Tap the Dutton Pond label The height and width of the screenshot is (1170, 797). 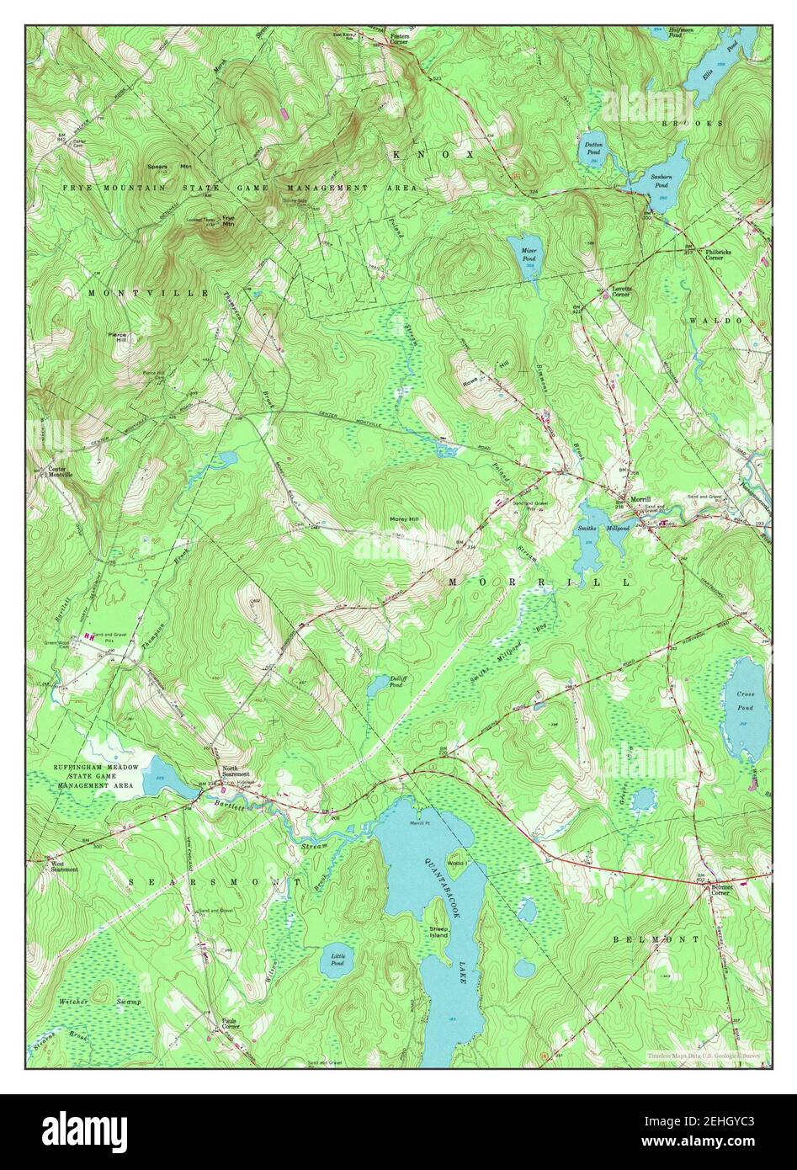pos(593,147)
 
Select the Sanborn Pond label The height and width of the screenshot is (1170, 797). pos(661,180)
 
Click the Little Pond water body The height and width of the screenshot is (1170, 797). pos(337,959)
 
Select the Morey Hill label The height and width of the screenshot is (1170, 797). pos(404,519)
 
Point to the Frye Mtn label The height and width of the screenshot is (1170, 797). pos(227,221)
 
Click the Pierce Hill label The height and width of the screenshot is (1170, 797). pos(118,338)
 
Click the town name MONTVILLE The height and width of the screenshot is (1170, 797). pos(148,292)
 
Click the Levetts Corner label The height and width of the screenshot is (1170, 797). pos(621,291)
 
